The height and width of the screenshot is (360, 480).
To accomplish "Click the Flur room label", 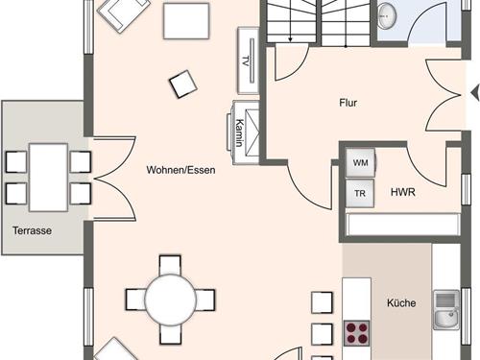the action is (348, 103).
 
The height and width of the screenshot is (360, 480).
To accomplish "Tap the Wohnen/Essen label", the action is (180, 170).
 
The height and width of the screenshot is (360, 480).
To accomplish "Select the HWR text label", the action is (403, 192).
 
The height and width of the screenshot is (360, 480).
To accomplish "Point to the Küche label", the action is (401, 302).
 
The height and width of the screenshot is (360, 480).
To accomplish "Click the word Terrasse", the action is (32, 230).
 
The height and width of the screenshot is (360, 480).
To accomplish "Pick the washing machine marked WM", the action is (360, 162).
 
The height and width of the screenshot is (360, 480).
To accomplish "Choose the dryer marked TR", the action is (360, 193).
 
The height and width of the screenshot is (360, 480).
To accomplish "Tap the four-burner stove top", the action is (357, 333).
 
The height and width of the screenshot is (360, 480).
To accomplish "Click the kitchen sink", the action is (446, 310).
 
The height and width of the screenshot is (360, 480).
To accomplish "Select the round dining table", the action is (170, 300).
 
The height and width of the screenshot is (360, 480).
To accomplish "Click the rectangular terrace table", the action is (48, 178).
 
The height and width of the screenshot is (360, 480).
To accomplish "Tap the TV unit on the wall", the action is (248, 60).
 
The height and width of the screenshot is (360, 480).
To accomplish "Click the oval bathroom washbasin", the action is (387, 15).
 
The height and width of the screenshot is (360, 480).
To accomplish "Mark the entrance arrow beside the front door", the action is (475, 93).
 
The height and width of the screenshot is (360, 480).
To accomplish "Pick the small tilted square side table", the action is (183, 84).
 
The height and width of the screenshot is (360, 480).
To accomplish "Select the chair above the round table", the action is (170, 264).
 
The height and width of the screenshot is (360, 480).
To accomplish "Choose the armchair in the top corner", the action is (124, 13).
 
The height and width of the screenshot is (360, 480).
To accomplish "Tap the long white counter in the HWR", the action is (403, 225).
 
